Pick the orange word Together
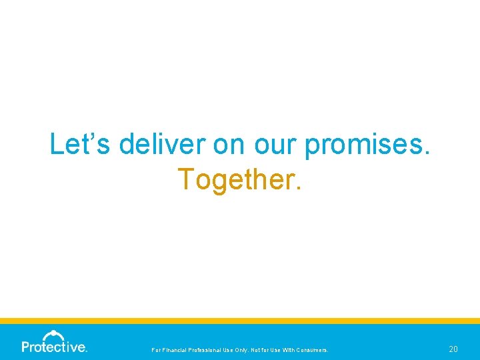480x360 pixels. (237, 179)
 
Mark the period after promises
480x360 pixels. (427, 153)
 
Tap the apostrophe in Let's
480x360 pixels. (83, 135)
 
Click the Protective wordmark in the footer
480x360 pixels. (54, 347)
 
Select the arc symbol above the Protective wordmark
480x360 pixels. (53, 335)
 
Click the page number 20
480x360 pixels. (453, 349)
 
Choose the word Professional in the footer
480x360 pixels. (211, 349)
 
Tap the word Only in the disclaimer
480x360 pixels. (249, 349)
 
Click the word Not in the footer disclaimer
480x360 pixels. (265, 349)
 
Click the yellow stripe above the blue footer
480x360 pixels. (240, 321)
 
